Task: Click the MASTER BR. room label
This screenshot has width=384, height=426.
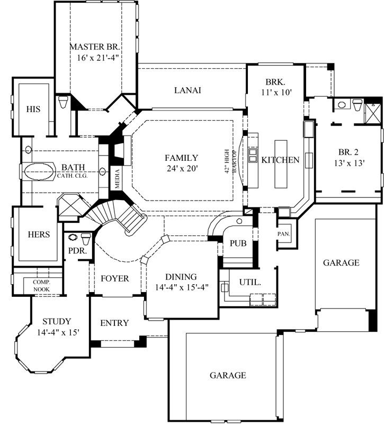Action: click(96, 47)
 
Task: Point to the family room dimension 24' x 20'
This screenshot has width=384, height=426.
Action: click(181, 168)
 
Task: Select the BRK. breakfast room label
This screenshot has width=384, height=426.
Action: click(275, 82)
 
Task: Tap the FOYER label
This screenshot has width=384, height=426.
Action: click(114, 278)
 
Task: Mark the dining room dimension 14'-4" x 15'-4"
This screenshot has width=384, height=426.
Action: click(181, 287)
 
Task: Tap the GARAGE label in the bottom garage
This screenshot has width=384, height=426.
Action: click(228, 375)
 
